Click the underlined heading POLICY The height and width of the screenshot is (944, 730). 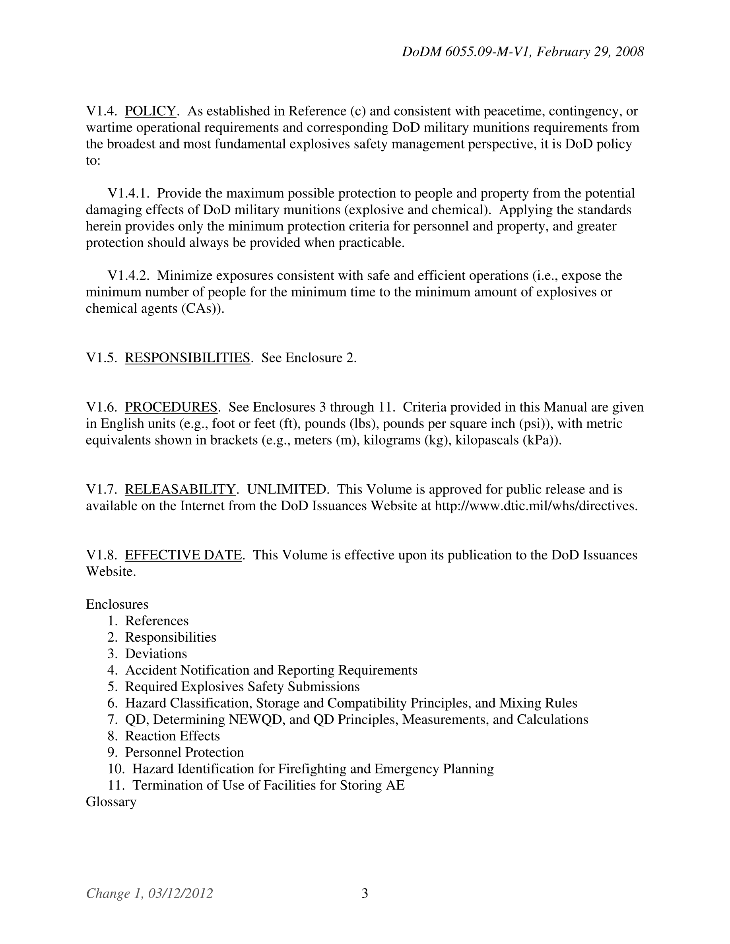(x=150, y=111)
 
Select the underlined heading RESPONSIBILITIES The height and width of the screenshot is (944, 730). (x=187, y=358)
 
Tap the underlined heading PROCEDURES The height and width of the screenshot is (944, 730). (x=171, y=407)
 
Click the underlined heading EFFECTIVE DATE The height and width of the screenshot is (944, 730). (x=183, y=555)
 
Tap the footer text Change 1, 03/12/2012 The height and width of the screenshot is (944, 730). (x=149, y=893)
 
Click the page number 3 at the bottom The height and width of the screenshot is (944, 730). (x=365, y=893)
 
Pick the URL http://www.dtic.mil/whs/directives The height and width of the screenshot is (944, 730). (x=535, y=505)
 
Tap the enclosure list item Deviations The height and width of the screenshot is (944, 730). (x=156, y=654)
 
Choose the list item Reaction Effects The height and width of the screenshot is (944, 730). (x=172, y=736)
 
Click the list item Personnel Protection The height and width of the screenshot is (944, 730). (x=184, y=752)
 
